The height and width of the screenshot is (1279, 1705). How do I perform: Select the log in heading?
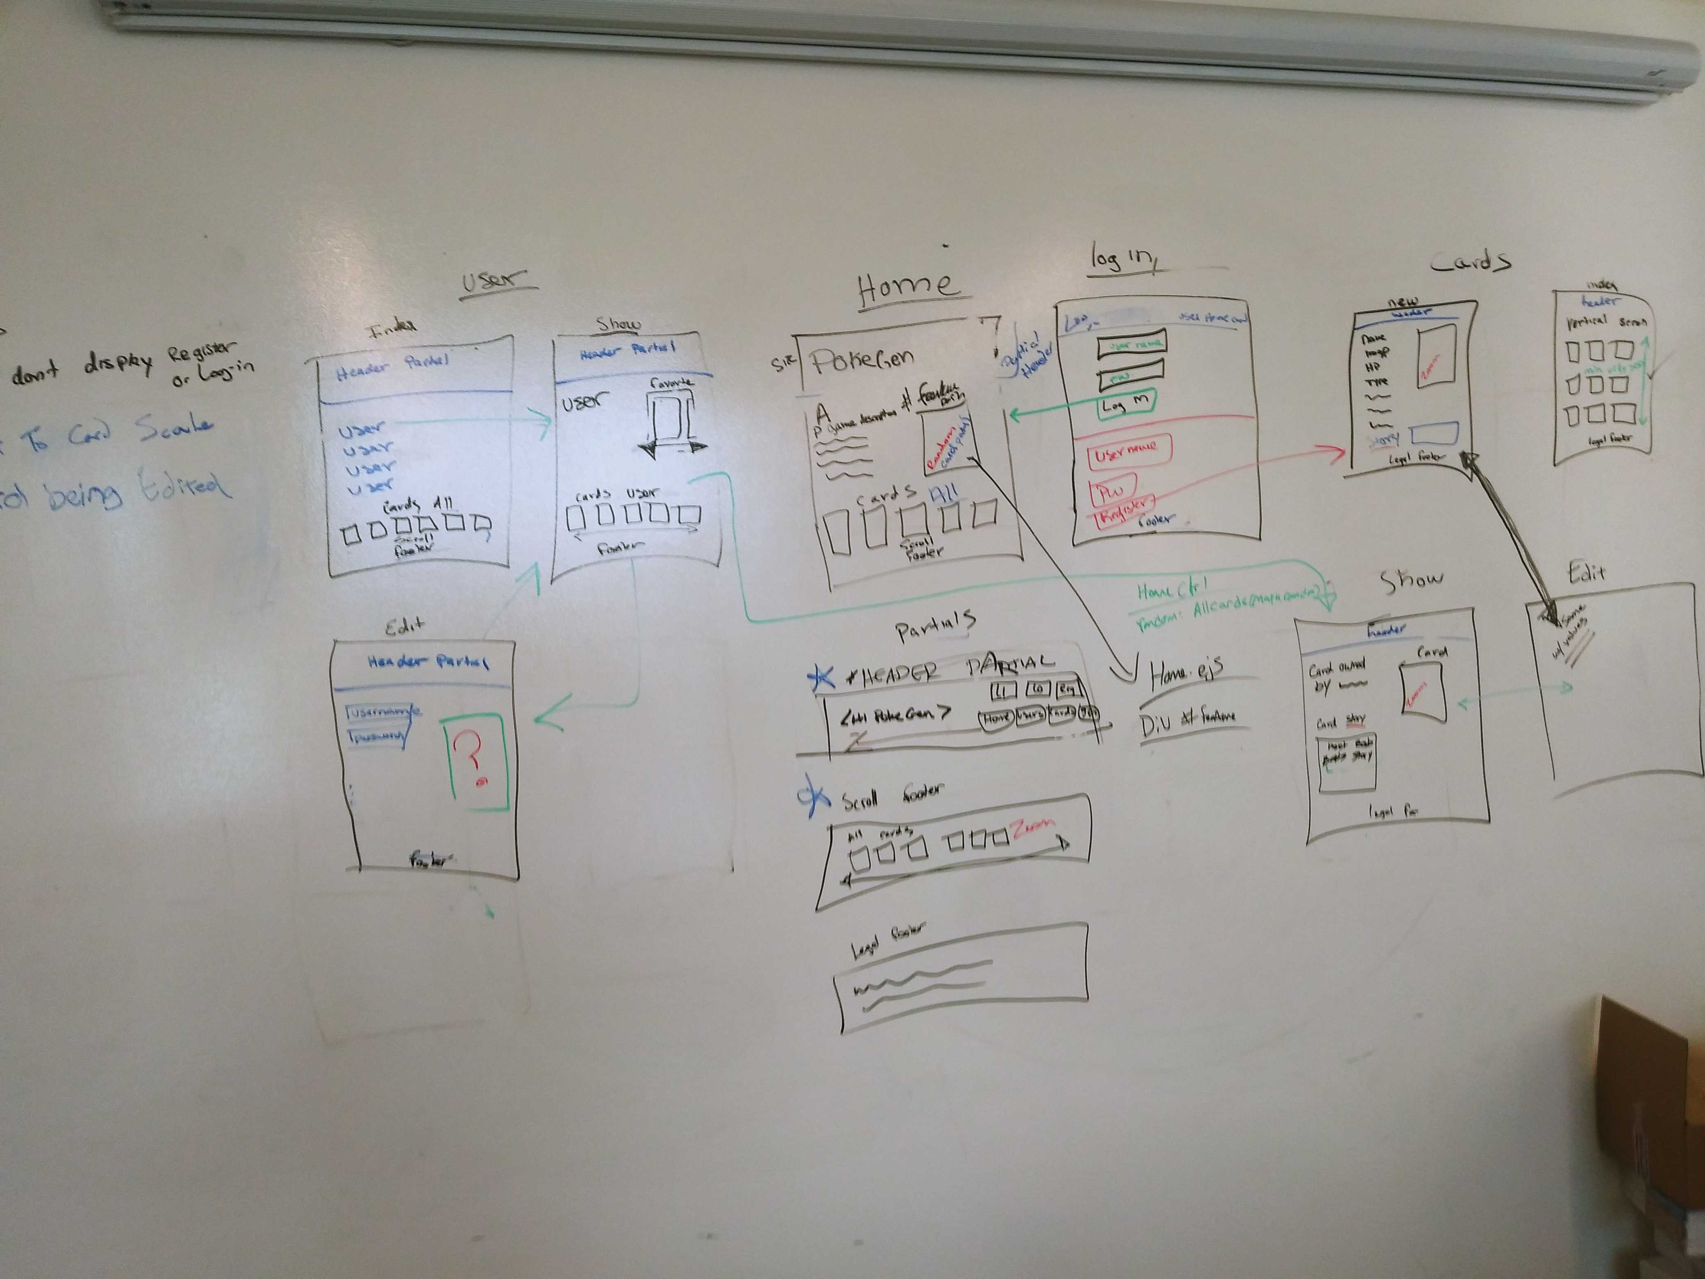point(1121,258)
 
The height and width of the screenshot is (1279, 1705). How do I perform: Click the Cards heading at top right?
point(1470,262)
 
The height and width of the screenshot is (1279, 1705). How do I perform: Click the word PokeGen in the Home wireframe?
point(862,360)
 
